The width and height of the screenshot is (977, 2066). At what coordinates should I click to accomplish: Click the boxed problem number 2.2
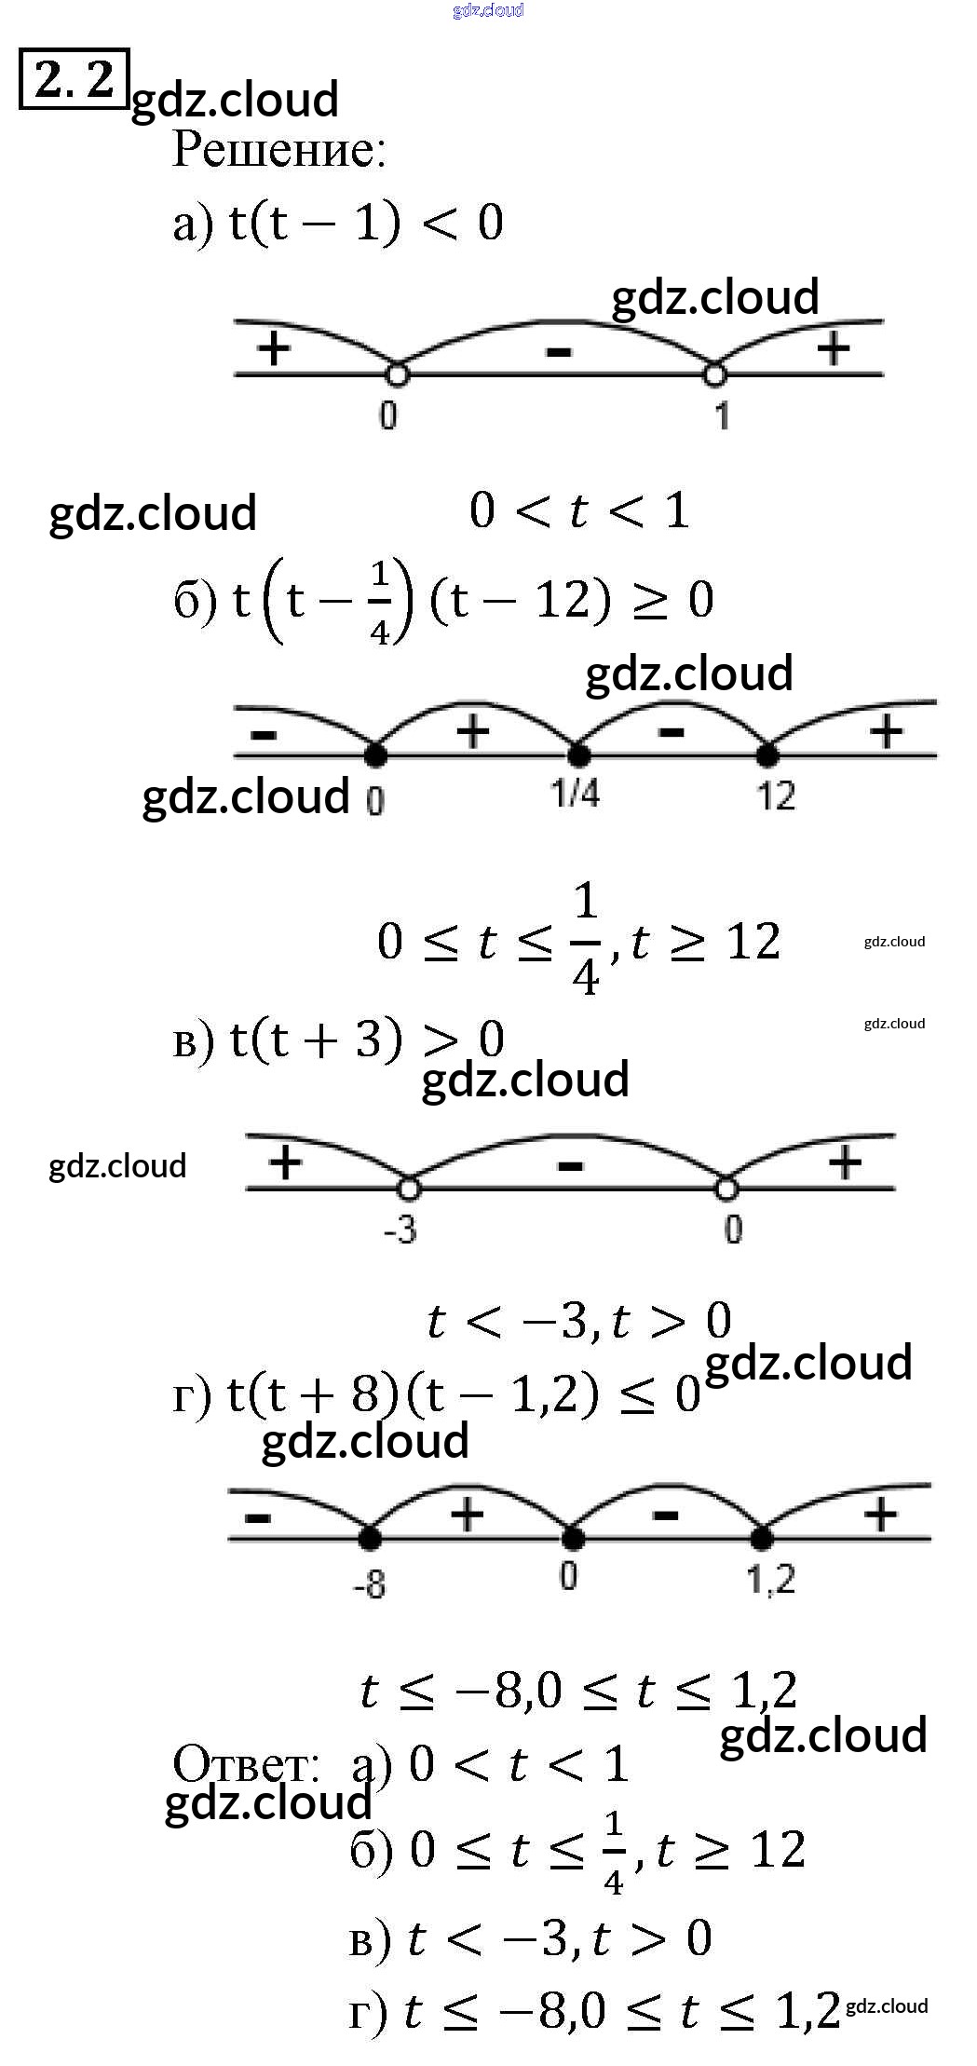[74, 79]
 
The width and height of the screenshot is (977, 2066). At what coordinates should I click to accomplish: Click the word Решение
[278, 150]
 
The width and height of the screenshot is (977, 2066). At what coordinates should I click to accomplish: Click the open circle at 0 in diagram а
[397, 374]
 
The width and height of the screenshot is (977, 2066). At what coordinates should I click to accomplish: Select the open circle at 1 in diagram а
[714, 374]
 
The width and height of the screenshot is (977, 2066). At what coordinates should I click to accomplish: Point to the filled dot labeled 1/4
[578, 754]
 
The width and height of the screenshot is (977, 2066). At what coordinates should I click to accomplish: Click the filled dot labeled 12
[767, 754]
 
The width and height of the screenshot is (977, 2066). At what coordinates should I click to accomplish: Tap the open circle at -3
[408, 1189]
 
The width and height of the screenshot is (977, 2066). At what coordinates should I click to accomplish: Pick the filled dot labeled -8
[370, 1538]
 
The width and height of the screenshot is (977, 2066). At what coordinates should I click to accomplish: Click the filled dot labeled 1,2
[762, 1538]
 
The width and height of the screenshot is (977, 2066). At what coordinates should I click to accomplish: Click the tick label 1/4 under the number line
[575, 794]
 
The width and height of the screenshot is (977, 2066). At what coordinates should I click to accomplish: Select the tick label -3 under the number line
[400, 1230]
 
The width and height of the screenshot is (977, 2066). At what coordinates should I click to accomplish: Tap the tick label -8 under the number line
[369, 1583]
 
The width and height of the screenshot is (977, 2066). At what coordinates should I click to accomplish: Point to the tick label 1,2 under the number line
[770, 1580]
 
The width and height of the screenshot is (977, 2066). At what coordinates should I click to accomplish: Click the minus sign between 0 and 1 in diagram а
[558, 352]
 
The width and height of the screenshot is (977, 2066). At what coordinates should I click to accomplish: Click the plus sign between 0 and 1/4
[472, 731]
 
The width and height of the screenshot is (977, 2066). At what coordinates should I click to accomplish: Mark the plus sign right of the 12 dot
[886, 731]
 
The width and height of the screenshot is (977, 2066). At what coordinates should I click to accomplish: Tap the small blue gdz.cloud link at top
[488, 10]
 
